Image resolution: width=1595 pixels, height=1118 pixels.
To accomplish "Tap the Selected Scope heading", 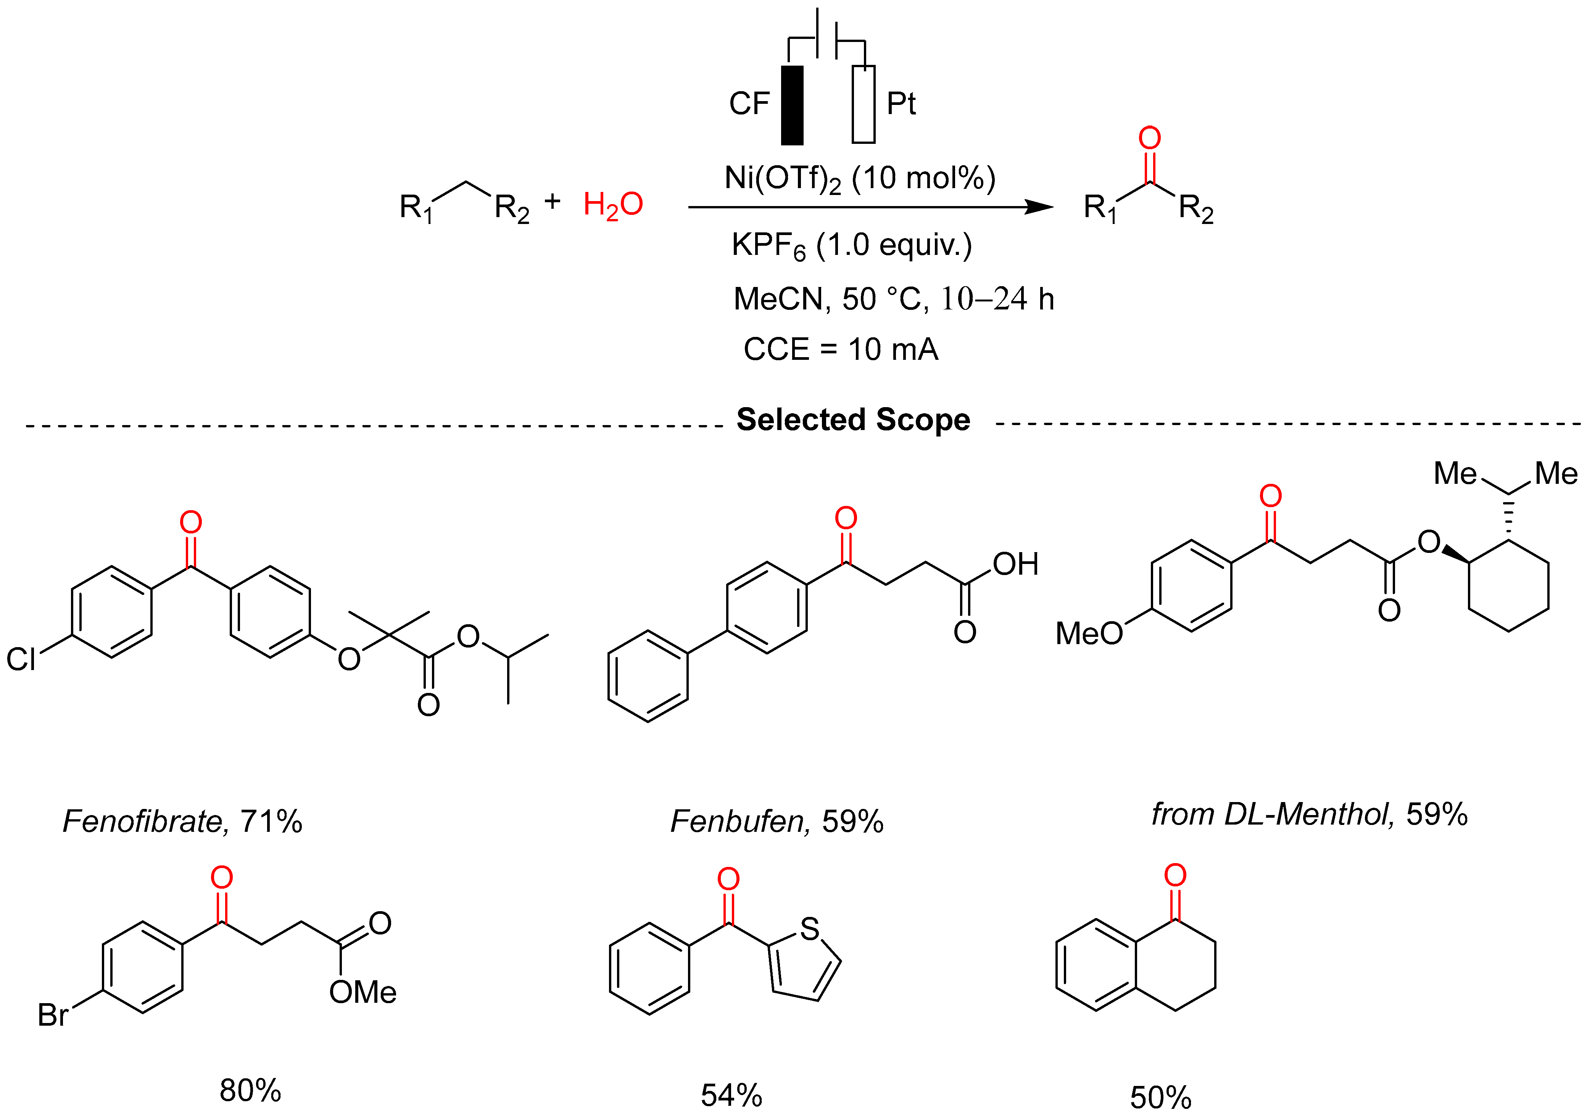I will (x=853, y=420).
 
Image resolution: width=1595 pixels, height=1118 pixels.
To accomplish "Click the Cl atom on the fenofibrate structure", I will (x=21, y=659).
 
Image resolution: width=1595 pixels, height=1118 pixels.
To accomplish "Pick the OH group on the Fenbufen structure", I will (x=1015, y=564).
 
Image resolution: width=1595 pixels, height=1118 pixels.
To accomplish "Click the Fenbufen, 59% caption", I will (x=777, y=821).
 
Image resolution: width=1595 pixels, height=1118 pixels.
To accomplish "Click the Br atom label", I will (x=52, y=1015).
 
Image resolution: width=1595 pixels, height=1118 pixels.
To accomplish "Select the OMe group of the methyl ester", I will (x=362, y=992).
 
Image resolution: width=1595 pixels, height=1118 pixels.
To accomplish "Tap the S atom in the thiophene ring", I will (x=809, y=929).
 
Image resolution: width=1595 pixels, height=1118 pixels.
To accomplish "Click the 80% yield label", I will (x=250, y=1091).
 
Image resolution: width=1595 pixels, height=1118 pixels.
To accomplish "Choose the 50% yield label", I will (x=1160, y=1098).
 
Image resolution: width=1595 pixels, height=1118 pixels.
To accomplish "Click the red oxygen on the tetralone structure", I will (x=1175, y=875).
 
